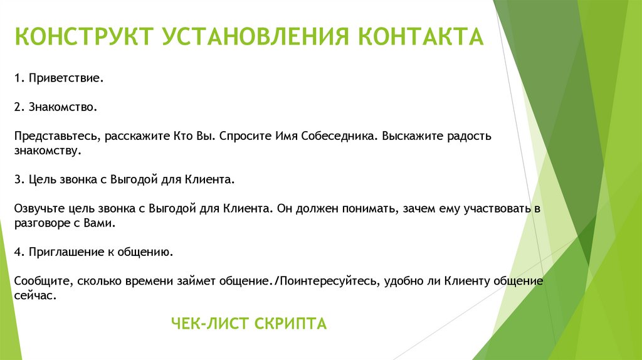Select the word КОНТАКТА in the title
pos(421,36)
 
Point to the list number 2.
pos(18,107)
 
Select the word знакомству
pos(46,151)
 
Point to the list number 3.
pos(18,179)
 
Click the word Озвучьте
pos(39,208)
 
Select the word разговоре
pos(41,223)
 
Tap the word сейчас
pos(35,295)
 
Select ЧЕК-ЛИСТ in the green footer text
pos(211,324)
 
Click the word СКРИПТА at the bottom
pos(291,324)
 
